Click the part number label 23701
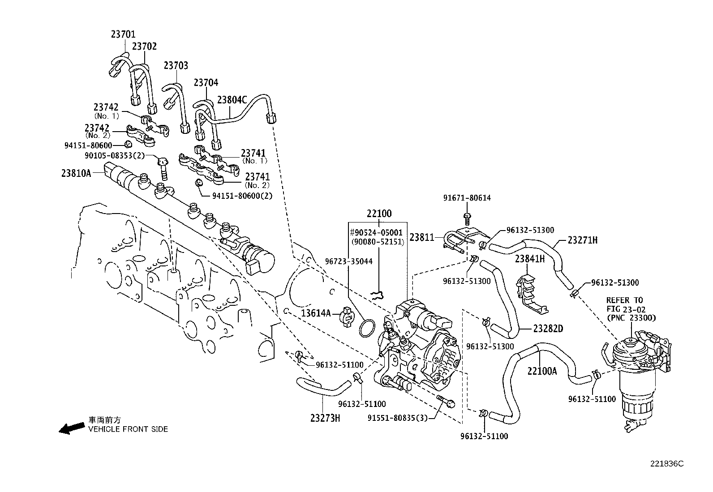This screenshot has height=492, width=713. [x=123, y=34]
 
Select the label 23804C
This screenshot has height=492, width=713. [x=232, y=99]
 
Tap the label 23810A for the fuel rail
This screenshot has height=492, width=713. [x=76, y=173]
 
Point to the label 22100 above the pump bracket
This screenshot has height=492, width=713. [x=378, y=214]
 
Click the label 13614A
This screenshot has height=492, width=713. [x=315, y=313]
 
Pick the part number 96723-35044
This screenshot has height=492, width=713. [x=349, y=261]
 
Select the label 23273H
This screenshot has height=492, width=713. [x=325, y=418]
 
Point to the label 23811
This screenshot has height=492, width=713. [x=422, y=237]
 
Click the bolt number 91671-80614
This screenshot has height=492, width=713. [x=467, y=197]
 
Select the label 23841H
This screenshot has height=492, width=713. [x=529, y=259]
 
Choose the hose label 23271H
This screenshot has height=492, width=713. [x=582, y=240]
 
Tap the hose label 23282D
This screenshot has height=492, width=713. [x=548, y=329]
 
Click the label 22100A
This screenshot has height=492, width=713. [x=542, y=371]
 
